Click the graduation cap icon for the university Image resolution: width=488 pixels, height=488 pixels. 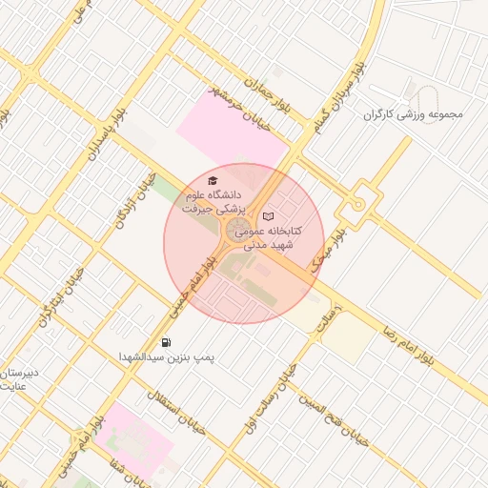tap(213, 180)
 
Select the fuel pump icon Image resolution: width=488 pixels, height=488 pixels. tap(167, 342)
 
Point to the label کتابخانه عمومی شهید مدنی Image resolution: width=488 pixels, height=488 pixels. tap(269, 237)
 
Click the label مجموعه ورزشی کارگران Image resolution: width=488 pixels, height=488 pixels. tap(412, 114)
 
